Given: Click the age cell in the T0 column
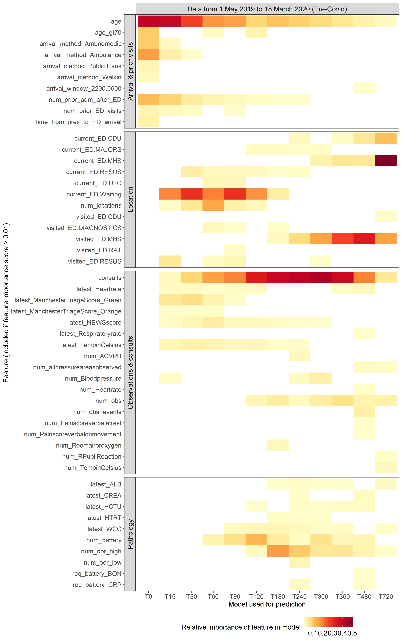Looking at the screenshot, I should [148, 21].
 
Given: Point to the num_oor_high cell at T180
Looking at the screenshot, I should [278, 551].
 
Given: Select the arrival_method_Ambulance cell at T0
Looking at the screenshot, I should [148, 55].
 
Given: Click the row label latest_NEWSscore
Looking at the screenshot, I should [95, 323].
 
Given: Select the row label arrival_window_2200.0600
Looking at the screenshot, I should [84, 88].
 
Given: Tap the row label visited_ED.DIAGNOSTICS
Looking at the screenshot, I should [84, 228].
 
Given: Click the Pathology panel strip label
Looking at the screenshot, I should [130, 534].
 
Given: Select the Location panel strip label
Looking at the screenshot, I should [130, 199].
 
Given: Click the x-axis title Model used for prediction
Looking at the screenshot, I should [267, 604].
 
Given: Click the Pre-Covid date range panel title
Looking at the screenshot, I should [267, 9].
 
